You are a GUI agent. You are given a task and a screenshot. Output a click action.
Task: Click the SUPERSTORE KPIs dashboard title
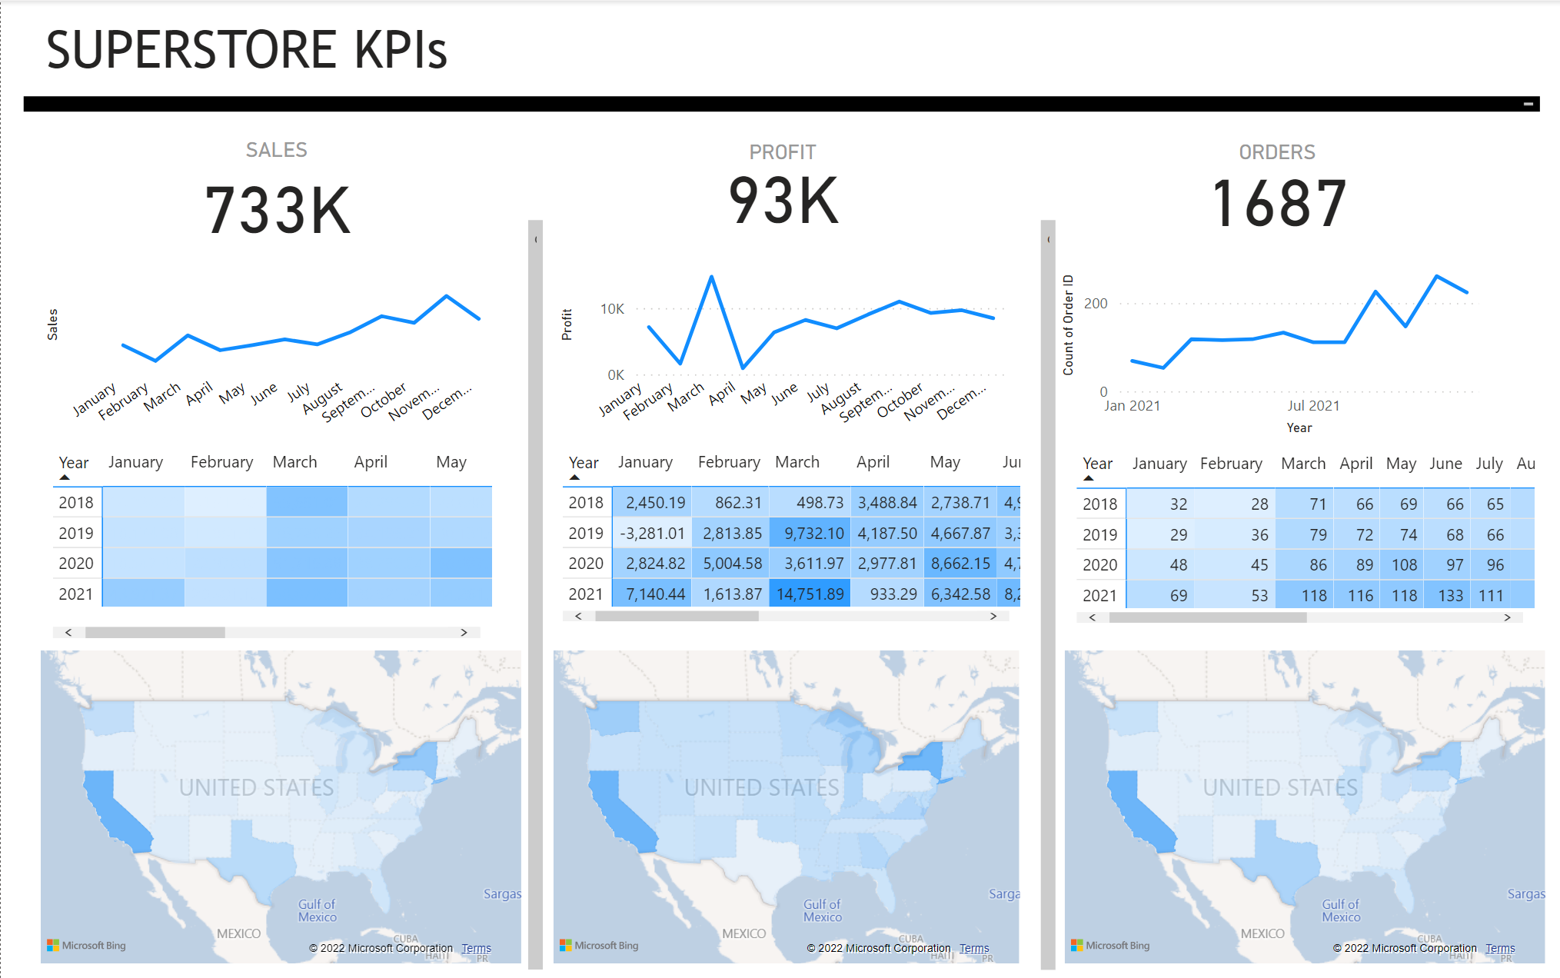[x=246, y=50]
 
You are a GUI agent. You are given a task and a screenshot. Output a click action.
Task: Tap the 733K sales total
[x=278, y=211]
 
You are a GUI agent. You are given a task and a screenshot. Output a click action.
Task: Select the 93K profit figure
[x=783, y=201]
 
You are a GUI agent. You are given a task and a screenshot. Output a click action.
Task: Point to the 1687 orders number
[x=1278, y=204]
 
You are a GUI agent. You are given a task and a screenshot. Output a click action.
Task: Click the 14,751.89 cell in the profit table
[x=810, y=594]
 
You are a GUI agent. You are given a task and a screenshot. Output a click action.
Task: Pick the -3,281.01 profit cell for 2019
[x=651, y=534]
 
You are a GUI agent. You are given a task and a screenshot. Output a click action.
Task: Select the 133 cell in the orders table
[x=1450, y=596]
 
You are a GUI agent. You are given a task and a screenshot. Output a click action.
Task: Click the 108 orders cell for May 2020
[x=1404, y=565]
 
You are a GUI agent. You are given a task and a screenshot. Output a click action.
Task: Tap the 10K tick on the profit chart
[x=612, y=309]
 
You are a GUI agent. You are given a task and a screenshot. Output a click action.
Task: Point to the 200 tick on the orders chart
[x=1096, y=304]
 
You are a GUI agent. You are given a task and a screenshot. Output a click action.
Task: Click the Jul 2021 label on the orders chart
[x=1313, y=406]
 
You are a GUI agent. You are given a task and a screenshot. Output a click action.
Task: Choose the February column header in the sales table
[x=221, y=462]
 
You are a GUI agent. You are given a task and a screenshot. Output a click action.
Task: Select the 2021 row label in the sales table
[x=75, y=594]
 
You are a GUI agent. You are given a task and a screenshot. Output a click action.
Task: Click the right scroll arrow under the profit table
[x=993, y=616]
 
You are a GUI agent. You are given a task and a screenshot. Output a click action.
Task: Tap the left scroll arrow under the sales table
[x=68, y=632]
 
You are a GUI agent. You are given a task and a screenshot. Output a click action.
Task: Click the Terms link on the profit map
[x=974, y=949]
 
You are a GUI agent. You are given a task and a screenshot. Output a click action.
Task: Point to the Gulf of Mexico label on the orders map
[x=1341, y=910]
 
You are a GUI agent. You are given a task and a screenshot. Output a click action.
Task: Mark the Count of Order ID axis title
[x=1068, y=325]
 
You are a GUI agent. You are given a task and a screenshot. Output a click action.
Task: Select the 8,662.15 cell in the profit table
[x=960, y=564]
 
